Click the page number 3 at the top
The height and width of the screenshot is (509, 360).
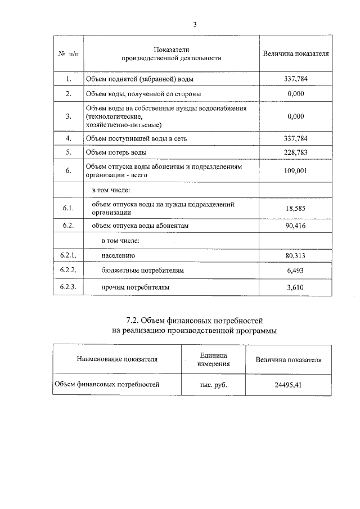click(x=195, y=24)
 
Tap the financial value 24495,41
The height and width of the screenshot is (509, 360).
click(x=288, y=385)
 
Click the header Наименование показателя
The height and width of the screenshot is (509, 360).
click(x=117, y=359)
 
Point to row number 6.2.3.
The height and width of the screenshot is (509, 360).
click(x=68, y=287)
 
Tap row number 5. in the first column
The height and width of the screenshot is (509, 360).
click(x=68, y=152)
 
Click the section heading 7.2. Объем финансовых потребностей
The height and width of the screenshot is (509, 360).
click(x=195, y=320)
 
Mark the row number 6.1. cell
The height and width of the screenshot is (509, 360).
click(x=68, y=208)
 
